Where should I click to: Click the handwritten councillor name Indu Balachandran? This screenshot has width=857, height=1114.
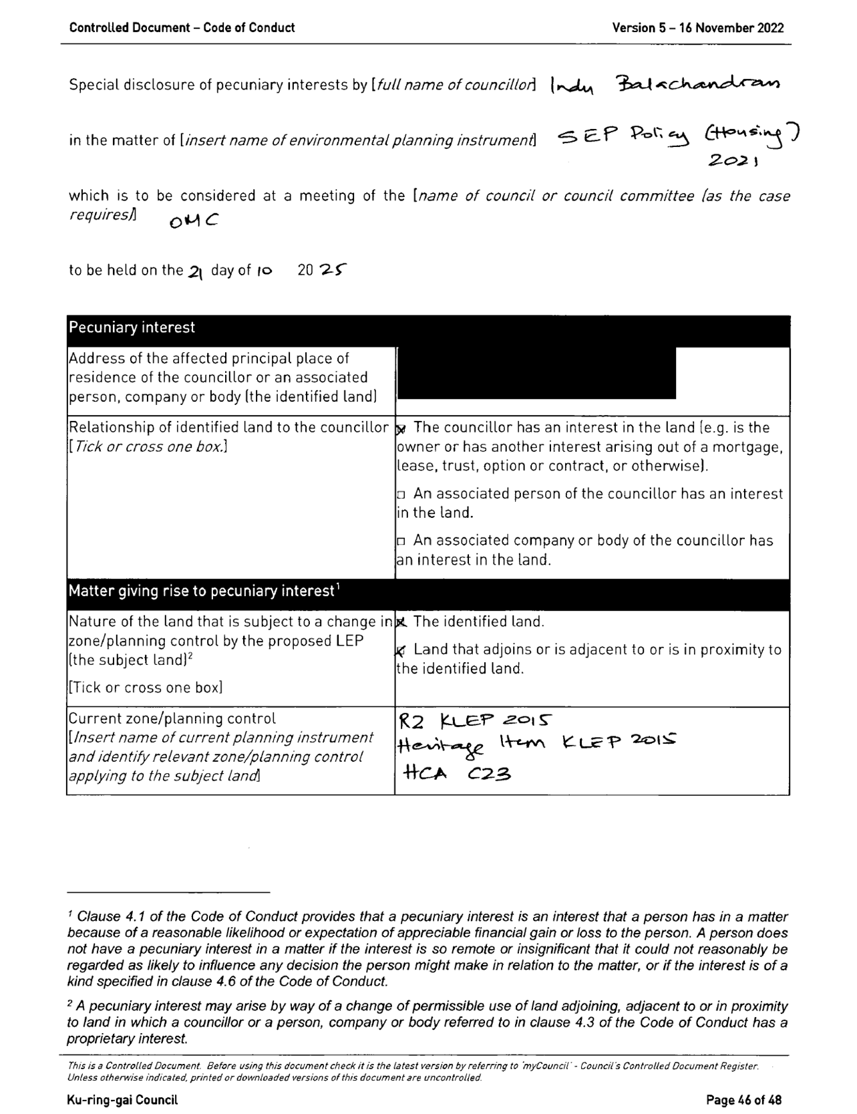tap(664, 85)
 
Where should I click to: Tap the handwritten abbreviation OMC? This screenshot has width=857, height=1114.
tap(193, 221)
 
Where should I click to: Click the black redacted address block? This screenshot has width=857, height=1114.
tap(536, 373)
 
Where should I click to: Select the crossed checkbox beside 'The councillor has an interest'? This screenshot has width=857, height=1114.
tap(401, 428)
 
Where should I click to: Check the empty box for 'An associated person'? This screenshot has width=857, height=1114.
tap(401, 495)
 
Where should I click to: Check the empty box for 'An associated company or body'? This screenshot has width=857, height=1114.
tap(401, 541)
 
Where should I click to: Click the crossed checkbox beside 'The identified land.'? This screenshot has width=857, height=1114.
tap(401, 623)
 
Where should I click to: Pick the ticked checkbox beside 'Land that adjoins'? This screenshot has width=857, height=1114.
tap(401, 650)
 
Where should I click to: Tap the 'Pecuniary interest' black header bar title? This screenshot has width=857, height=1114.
tap(132, 327)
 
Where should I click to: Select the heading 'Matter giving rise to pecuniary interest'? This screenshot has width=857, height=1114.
tap(201, 591)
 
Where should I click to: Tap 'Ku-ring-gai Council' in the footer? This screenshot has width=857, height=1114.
tap(122, 1100)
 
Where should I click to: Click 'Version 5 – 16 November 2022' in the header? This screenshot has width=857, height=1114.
tap(697, 28)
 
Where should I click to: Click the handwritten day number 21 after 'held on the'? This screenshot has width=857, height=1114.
tap(194, 271)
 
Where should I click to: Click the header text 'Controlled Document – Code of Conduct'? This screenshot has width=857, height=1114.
tap(182, 28)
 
